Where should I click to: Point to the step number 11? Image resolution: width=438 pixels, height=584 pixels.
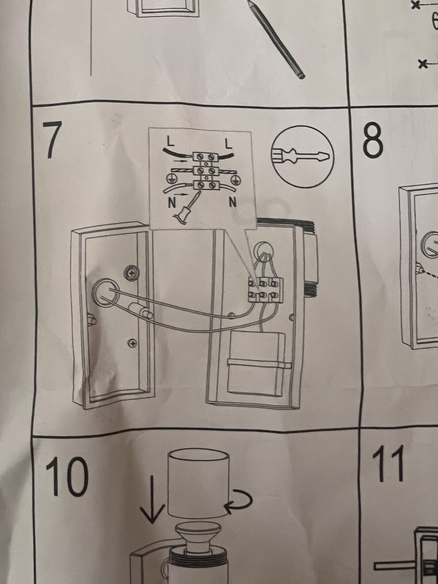pos(388,464)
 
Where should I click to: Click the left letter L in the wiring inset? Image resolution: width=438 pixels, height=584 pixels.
pos(171,141)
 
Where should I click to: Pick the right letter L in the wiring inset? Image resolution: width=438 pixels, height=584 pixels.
pos(228,144)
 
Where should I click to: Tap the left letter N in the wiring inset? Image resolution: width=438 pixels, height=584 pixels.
pos(172,203)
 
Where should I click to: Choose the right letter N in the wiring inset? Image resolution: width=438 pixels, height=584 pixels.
pos(233,203)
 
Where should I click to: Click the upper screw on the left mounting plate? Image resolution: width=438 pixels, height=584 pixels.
pos(131,272)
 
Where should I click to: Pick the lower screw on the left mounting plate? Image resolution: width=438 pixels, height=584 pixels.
pos(132,343)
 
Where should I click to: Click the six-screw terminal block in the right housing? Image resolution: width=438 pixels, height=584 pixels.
pos(265,289)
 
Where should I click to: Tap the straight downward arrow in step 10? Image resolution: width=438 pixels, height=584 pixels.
pos(152,498)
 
